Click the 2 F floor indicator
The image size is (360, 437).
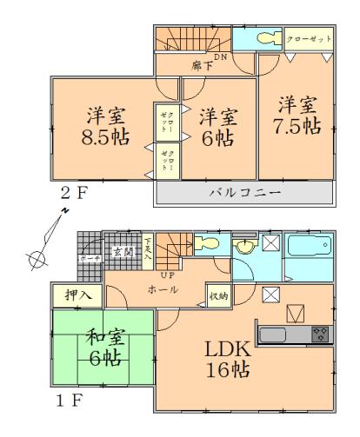[75, 192]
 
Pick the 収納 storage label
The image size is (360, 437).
[218, 295]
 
